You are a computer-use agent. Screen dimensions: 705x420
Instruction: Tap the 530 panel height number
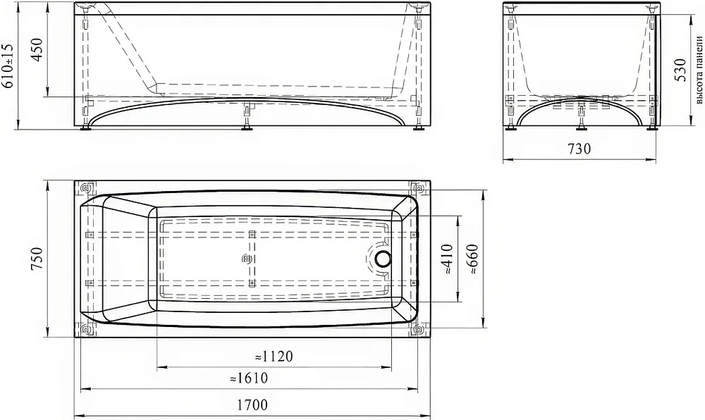tap(680, 70)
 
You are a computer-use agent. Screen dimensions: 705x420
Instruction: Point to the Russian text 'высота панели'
tap(699, 70)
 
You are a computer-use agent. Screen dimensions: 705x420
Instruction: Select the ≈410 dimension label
tap(446, 259)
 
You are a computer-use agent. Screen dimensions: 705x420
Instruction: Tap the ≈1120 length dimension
tap(274, 356)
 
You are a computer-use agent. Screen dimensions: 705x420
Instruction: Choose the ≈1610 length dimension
tap(249, 378)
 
